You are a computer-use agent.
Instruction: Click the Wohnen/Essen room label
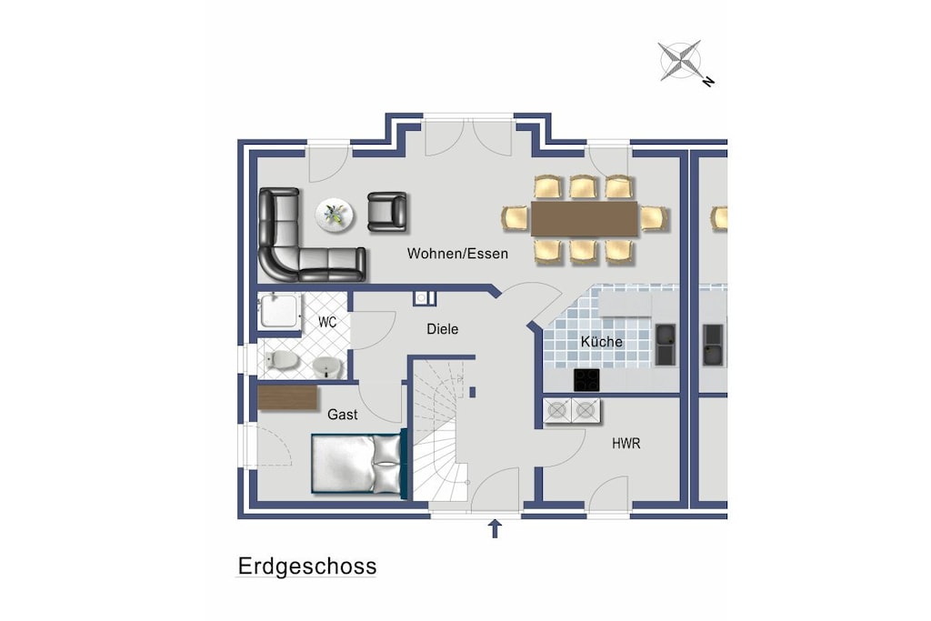[x=457, y=254]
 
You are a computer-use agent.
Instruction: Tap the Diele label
[x=443, y=329]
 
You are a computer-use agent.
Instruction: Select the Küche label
[x=602, y=341]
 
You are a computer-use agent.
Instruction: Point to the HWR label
[x=626, y=444]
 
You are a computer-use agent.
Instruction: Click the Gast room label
[x=343, y=415]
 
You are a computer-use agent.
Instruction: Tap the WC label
[x=327, y=323]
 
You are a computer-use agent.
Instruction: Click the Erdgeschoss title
[x=307, y=567]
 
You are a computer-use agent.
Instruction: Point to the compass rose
[x=683, y=61]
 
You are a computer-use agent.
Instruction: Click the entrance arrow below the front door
[x=495, y=528]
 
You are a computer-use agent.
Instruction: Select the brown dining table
[x=585, y=219]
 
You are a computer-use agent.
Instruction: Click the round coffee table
[x=335, y=215]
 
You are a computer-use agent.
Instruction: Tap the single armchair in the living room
[x=387, y=211]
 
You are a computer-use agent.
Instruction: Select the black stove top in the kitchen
[x=586, y=380]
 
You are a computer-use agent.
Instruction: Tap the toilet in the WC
[x=282, y=359]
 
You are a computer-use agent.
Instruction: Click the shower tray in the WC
[x=279, y=311]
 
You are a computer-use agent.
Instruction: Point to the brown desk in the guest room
[x=288, y=397]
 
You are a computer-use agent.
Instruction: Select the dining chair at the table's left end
[x=515, y=218]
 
